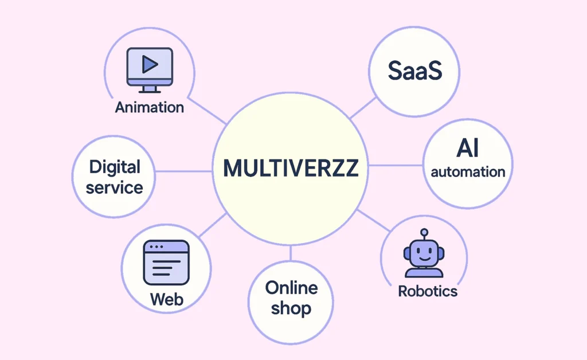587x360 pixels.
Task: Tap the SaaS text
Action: [x=415, y=71]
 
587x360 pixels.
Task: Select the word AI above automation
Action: [x=468, y=149]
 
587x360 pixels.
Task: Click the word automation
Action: [x=468, y=172]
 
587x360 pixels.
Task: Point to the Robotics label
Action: [x=428, y=291]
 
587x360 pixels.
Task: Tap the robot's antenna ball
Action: [x=424, y=232]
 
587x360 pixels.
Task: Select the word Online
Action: [x=291, y=287]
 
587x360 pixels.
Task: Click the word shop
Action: [x=291, y=308]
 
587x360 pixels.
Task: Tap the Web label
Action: [x=166, y=299]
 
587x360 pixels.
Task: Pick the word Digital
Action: [x=115, y=167]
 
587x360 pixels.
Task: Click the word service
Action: [x=115, y=187]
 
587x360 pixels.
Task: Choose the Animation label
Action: [x=150, y=107]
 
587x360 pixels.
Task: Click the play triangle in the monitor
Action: [x=150, y=64]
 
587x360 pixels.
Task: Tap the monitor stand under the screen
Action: [x=150, y=89]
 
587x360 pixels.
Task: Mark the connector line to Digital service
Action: [x=183, y=171]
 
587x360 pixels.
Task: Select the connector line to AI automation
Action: [x=396, y=166]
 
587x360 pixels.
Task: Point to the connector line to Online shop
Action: [x=291, y=253]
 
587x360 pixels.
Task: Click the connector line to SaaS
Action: [x=362, y=109]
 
